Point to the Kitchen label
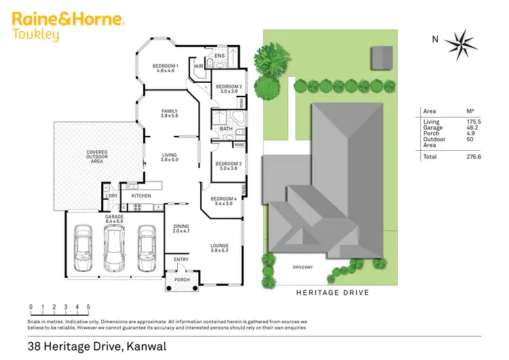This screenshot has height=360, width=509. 141,196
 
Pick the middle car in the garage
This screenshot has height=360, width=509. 115,247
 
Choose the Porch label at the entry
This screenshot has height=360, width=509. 182,279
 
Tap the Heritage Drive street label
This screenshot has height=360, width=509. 333,292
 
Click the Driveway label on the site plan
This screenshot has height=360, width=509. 303,267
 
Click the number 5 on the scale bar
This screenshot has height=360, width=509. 88,307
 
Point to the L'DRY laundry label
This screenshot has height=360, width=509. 111,196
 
